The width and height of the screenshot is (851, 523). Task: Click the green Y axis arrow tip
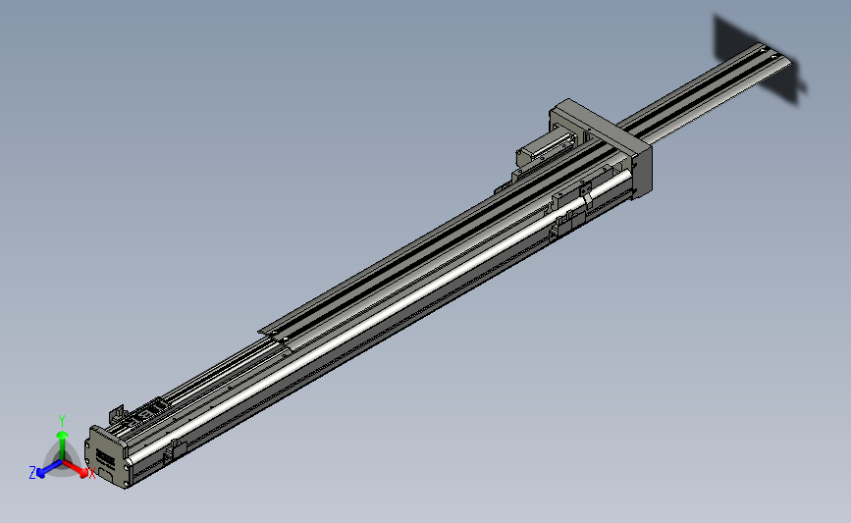62,431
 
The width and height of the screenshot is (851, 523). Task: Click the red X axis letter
92,474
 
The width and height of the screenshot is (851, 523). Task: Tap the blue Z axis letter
31,473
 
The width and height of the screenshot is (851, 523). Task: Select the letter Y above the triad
62,419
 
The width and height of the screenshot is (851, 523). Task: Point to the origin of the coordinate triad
62,461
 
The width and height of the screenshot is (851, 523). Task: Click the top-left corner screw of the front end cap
94,431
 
